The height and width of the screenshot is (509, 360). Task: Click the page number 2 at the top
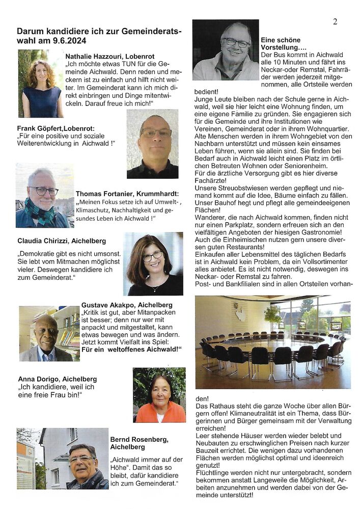coord(335,21)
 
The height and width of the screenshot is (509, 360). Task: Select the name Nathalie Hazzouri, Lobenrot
coord(109,56)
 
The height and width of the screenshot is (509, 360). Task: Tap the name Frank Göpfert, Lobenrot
coord(56,129)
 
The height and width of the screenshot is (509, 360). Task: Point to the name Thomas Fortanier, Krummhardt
coord(127,194)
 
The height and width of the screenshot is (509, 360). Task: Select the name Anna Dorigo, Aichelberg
coord(57,379)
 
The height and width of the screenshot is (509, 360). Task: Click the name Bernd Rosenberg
coord(139,439)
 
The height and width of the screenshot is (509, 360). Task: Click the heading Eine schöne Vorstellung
coord(281,43)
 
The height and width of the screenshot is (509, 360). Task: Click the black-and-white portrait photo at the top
coord(226,50)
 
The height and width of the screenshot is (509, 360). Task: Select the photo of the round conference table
coord(272,342)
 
